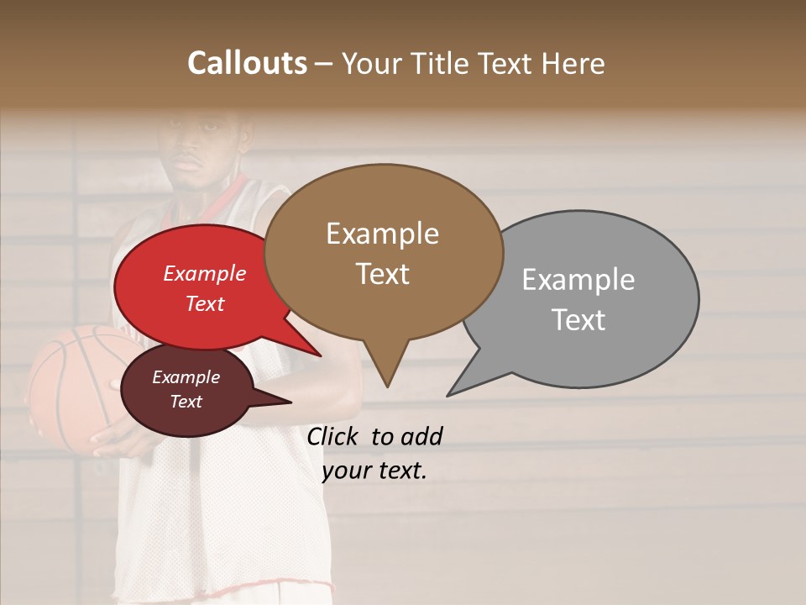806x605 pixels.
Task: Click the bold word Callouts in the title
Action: [x=247, y=63]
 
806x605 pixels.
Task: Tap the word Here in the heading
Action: [x=573, y=63]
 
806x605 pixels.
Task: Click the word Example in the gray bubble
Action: [x=578, y=280]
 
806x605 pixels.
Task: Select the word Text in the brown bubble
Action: [x=383, y=274]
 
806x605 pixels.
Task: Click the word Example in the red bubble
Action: [x=205, y=273]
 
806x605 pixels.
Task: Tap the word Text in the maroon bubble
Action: [x=186, y=402]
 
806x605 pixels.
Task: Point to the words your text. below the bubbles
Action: [x=374, y=471]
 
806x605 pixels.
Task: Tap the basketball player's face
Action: [x=200, y=151]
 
